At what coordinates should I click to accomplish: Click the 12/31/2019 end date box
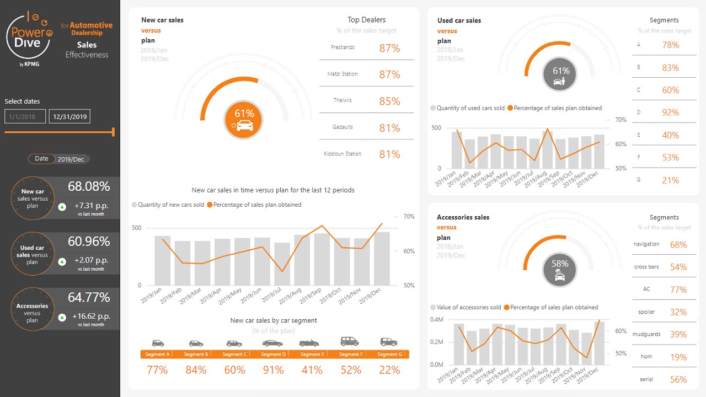click(69, 116)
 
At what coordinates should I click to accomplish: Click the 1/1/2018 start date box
click(25, 116)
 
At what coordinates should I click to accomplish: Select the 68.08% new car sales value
click(89, 186)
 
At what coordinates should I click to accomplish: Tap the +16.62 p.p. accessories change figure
click(92, 316)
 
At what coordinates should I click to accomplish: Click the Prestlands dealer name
click(343, 47)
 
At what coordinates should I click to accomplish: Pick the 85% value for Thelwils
click(389, 101)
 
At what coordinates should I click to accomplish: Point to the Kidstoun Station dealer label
click(343, 154)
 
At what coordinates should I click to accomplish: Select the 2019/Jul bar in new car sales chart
click(282, 264)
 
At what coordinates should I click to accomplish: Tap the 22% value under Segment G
click(389, 370)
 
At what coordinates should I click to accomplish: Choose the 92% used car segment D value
click(671, 112)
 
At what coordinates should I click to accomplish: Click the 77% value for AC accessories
click(678, 289)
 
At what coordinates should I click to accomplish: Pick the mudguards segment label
click(646, 334)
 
